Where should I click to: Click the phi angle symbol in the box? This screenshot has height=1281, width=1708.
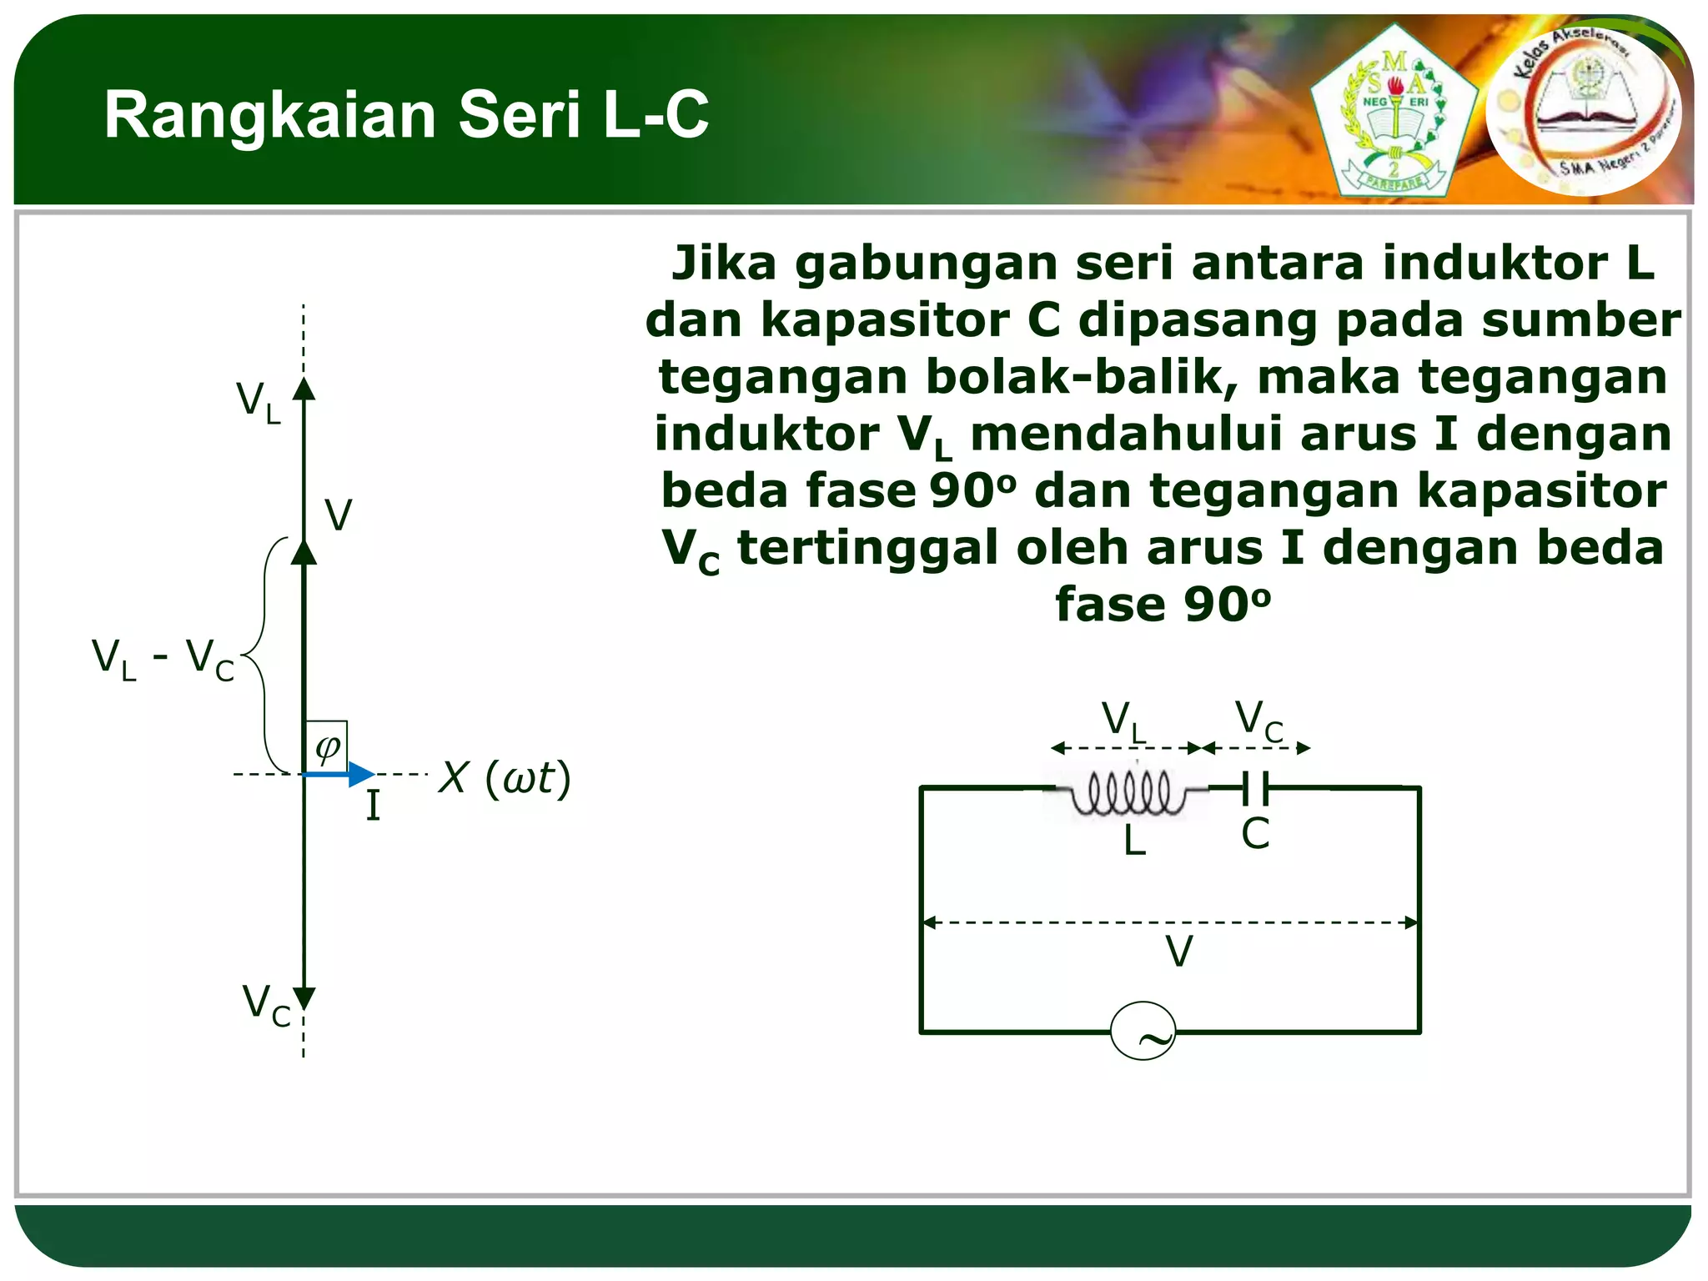(327, 746)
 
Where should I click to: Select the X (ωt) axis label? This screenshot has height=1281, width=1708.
(505, 778)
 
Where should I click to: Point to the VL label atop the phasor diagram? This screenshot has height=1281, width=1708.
(259, 402)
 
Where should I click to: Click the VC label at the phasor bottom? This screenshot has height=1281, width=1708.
(266, 1005)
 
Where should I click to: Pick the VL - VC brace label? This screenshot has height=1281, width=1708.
(163, 659)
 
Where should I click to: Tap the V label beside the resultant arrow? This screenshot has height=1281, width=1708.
(338, 515)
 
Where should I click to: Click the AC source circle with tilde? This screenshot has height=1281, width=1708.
(1143, 1032)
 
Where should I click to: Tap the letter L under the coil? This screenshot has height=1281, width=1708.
(1134, 841)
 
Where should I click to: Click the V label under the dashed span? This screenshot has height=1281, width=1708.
(1179, 952)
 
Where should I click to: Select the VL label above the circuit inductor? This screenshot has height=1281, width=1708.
(1124, 721)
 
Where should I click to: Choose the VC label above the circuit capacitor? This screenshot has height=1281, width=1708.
(1258, 720)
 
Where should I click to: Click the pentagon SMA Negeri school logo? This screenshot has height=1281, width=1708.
(1394, 113)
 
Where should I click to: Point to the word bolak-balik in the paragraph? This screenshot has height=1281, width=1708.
(1084, 377)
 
